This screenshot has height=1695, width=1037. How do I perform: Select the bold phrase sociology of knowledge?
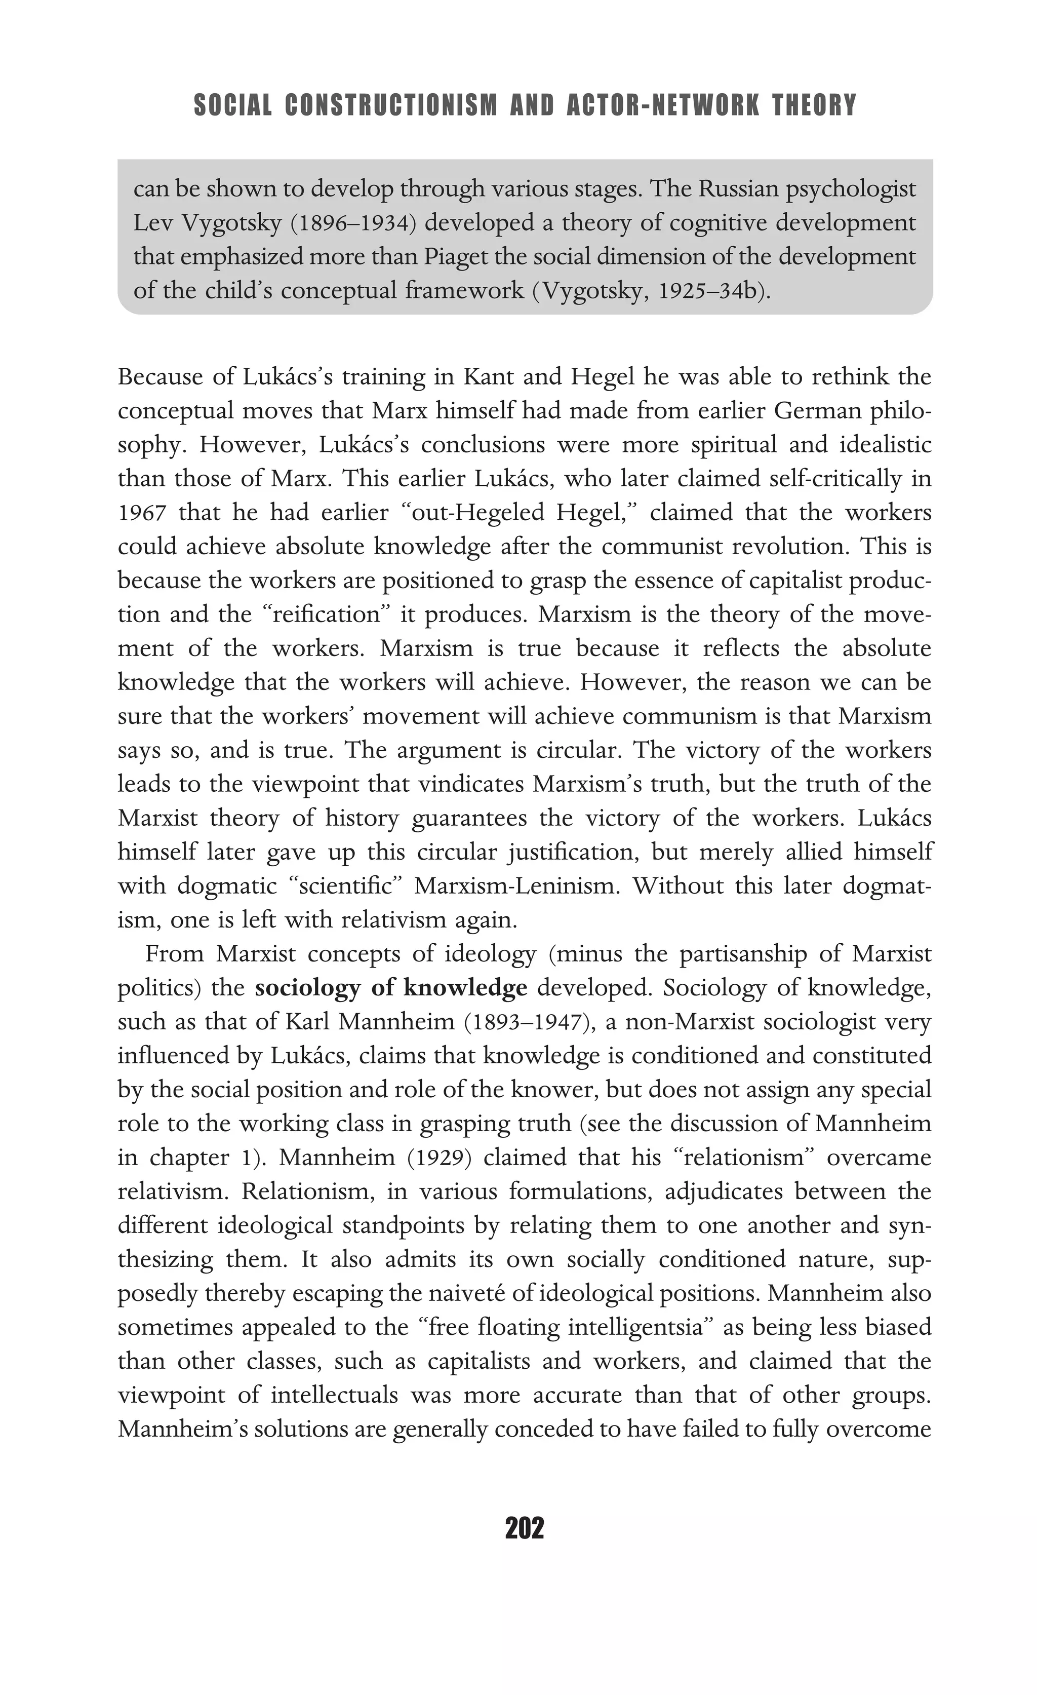tap(390, 988)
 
